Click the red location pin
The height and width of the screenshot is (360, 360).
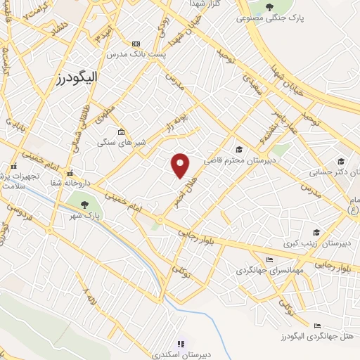(x=181, y=164)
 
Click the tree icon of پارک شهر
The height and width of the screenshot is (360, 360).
(x=85, y=205)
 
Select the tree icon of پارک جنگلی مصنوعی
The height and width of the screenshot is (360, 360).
(x=269, y=8)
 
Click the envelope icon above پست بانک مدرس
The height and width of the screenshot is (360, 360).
(x=136, y=44)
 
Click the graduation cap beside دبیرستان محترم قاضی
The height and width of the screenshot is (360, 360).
(x=239, y=149)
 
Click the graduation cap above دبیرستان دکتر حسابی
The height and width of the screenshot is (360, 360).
(x=340, y=161)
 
